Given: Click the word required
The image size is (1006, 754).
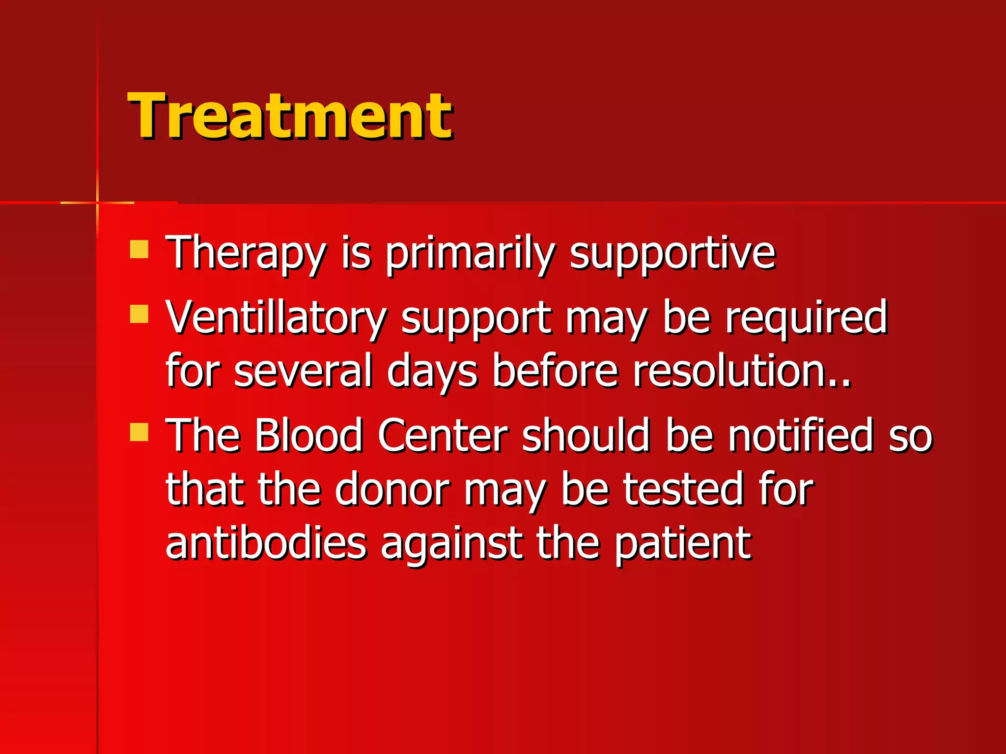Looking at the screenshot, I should click(806, 318).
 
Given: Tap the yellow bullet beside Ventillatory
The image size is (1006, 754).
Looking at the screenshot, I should click(139, 314).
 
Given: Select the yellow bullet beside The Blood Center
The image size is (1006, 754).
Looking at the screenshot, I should click(139, 432).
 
